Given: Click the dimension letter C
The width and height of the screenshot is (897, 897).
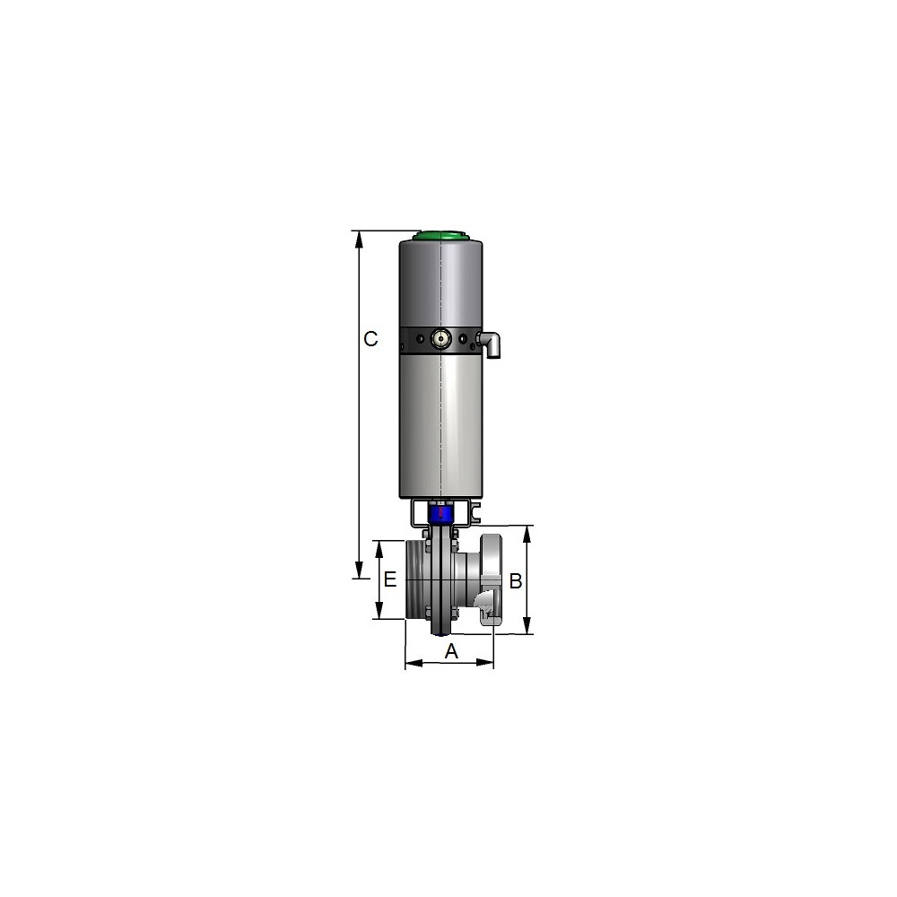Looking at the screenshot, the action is point(370,339).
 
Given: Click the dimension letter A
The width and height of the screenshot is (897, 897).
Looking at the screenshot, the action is point(451,651).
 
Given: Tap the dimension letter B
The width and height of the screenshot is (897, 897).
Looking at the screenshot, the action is point(516,581).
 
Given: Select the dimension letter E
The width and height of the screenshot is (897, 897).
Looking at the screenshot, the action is point(389,579).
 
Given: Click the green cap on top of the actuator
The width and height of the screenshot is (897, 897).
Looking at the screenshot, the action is point(441,235).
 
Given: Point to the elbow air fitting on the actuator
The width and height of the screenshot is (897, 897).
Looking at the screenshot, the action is point(491,344).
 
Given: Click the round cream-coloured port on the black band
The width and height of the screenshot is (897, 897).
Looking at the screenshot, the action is point(440,339).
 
